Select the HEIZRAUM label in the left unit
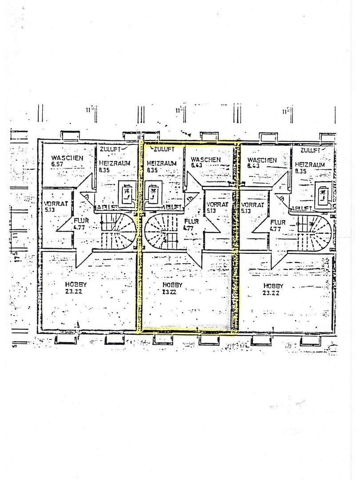[x=114, y=166]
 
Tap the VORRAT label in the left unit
[x=56, y=207]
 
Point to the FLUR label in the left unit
[x=81, y=223]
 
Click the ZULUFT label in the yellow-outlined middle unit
[x=163, y=149]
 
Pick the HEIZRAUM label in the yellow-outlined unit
[x=162, y=166]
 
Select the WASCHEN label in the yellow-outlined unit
[x=205, y=162]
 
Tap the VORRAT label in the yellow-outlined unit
[x=217, y=207]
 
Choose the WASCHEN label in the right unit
[x=262, y=162]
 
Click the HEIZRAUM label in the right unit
[x=310, y=167]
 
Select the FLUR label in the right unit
[x=278, y=225]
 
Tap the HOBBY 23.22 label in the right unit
[x=273, y=289]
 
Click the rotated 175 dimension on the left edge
[x=16, y=256]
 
